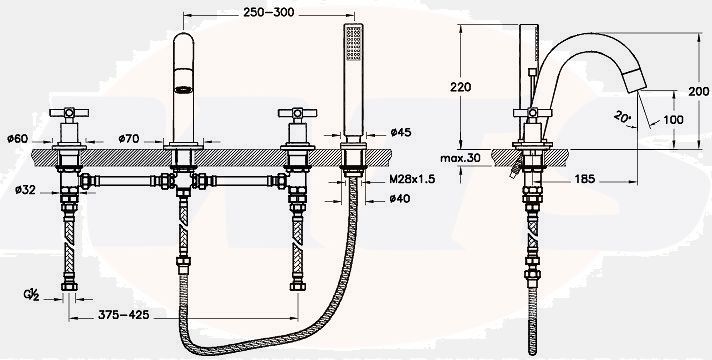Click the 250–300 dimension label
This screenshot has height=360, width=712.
click(268, 12)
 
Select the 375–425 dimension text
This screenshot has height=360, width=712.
click(124, 314)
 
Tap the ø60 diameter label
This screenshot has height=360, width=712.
click(18, 138)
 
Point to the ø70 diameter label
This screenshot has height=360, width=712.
click(129, 138)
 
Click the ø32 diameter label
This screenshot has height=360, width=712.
click(25, 190)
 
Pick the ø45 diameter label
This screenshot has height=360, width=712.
click(400, 132)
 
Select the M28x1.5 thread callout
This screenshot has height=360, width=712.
click(412, 179)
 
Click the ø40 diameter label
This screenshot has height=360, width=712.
click(400, 198)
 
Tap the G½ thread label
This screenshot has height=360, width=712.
click(31, 295)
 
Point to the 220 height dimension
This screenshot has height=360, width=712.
click(460, 87)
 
